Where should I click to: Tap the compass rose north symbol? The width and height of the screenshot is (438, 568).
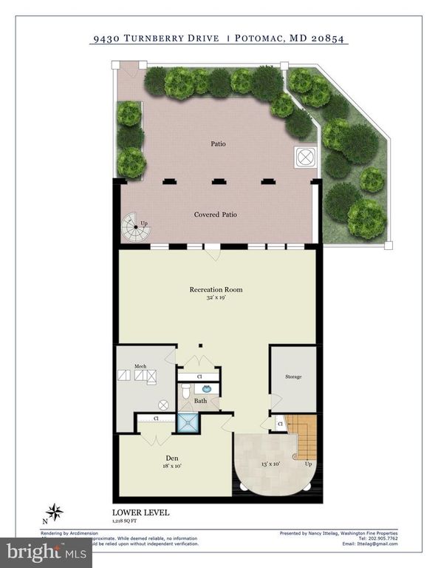pyautogui.click(x=54, y=512)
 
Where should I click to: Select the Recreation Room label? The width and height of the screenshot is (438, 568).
pyautogui.click(x=215, y=289)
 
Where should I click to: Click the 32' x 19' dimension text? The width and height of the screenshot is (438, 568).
pyautogui.click(x=216, y=298)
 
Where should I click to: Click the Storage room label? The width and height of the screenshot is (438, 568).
pyautogui.click(x=293, y=376)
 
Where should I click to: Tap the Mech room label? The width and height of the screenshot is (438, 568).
pyautogui.click(x=140, y=365)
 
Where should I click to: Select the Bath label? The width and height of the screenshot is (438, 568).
pyautogui.click(x=200, y=402)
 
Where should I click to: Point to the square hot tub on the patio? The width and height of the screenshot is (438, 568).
pyautogui.click(x=305, y=157)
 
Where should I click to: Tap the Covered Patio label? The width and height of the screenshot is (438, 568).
pyautogui.click(x=216, y=214)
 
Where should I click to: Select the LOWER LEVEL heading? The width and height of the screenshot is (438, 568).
pyautogui.click(x=140, y=512)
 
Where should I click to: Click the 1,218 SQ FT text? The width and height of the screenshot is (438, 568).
pyautogui.click(x=125, y=521)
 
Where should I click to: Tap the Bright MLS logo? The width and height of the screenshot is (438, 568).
pyautogui.click(x=47, y=552)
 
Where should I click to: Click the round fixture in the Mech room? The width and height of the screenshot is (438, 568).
pyautogui.click(x=164, y=405)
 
